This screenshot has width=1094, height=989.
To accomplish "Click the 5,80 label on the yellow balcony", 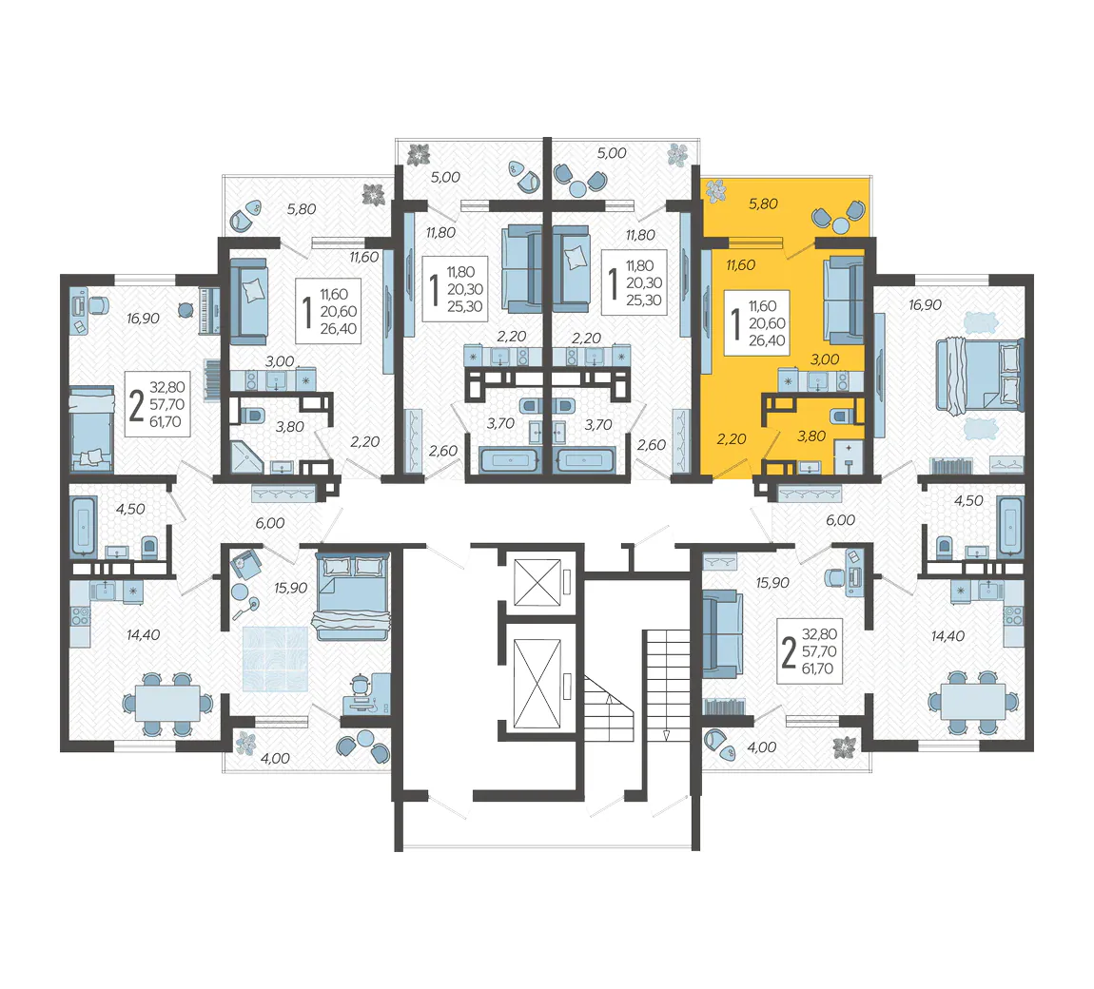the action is (x=763, y=204).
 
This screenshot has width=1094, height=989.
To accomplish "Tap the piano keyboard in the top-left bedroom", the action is (x=209, y=310).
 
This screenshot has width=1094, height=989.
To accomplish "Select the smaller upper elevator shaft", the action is (x=537, y=582).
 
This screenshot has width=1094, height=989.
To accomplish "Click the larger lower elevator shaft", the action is (x=537, y=684).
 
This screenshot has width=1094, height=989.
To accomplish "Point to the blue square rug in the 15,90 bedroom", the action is (x=276, y=659).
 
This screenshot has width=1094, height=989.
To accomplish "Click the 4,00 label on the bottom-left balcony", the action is (x=275, y=758).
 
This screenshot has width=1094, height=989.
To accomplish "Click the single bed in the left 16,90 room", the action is (x=91, y=429).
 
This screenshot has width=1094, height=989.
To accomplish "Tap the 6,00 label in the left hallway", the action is (x=269, y=523).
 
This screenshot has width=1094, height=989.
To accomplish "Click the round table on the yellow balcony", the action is (x=841, y=226).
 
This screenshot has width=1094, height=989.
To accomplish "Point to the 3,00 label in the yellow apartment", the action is (x=825, y=359).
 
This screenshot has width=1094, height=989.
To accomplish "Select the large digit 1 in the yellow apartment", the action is (x=734, y=323).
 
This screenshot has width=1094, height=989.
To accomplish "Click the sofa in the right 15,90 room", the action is (x=722, y=634).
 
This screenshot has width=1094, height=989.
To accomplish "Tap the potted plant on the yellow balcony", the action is (x=715, y=190).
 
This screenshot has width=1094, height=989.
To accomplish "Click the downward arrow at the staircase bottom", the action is (x=666, y=734).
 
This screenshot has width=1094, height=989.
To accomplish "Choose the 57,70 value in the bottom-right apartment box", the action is (x=818, y=651).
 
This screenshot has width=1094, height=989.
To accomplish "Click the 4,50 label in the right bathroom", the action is (x=968, y=501).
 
